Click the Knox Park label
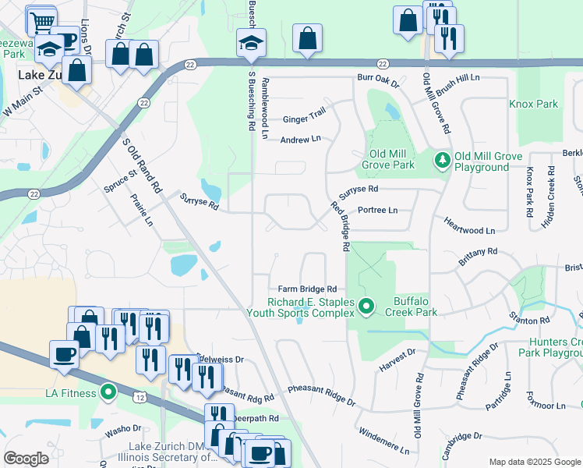[533, 104]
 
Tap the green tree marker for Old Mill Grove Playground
[443, 161]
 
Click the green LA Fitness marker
[108, 392]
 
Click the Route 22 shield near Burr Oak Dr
[381, 63]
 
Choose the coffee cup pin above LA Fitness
[64, 353]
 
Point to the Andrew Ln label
[300, 139]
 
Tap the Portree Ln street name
[377, 211]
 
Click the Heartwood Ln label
[469, 231]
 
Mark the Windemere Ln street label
[383, 441]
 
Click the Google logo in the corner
[26, 459]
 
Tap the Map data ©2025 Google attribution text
[535, 462]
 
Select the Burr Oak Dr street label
[377, 82]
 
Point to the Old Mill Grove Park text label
[387, 159]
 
